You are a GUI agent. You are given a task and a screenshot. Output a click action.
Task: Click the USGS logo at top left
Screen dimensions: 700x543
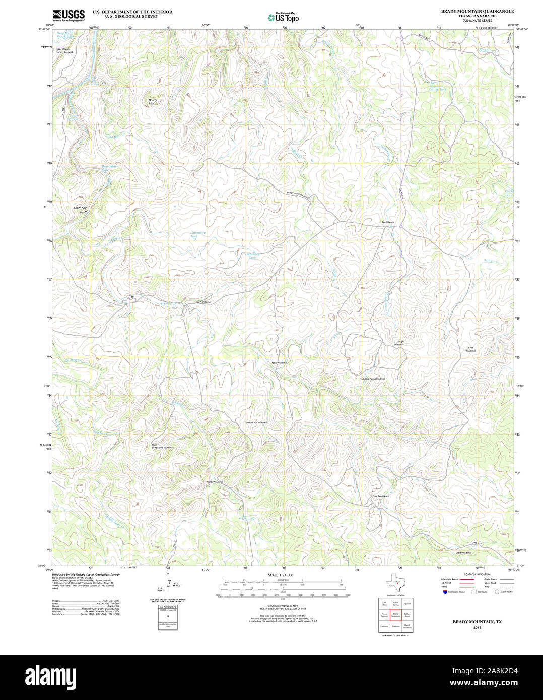coord(69,15)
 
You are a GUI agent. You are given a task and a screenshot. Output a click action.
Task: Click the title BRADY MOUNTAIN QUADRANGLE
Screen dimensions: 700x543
coord(477,11)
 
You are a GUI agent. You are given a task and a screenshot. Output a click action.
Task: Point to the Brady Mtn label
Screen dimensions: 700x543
coord(153,101)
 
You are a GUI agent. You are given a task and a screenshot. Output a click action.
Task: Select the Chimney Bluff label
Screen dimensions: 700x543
coord(80,209)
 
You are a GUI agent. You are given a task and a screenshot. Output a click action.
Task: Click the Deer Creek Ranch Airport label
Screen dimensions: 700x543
coord(64,50)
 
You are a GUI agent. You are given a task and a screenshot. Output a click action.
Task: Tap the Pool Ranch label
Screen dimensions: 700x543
coord(388,222)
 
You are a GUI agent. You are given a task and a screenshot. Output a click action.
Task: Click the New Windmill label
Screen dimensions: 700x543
coord(280,363)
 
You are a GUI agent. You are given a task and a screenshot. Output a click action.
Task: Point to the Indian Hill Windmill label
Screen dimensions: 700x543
coord(257,422)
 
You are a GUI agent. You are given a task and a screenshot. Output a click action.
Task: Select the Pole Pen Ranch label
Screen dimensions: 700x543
coord(381,496)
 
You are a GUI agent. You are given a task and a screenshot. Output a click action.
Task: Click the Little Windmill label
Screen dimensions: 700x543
coord(463,553)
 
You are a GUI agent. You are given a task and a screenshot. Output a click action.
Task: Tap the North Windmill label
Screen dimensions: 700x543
coord(215,482)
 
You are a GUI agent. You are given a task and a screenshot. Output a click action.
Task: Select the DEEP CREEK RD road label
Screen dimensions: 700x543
coord(204,302)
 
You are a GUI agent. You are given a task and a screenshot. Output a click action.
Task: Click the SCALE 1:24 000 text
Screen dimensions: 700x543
coord(281,575)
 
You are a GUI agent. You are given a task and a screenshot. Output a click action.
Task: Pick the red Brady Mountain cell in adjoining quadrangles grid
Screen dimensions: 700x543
coord(396,615)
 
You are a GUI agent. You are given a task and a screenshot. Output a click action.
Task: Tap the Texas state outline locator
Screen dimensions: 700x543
coord(396,583)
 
